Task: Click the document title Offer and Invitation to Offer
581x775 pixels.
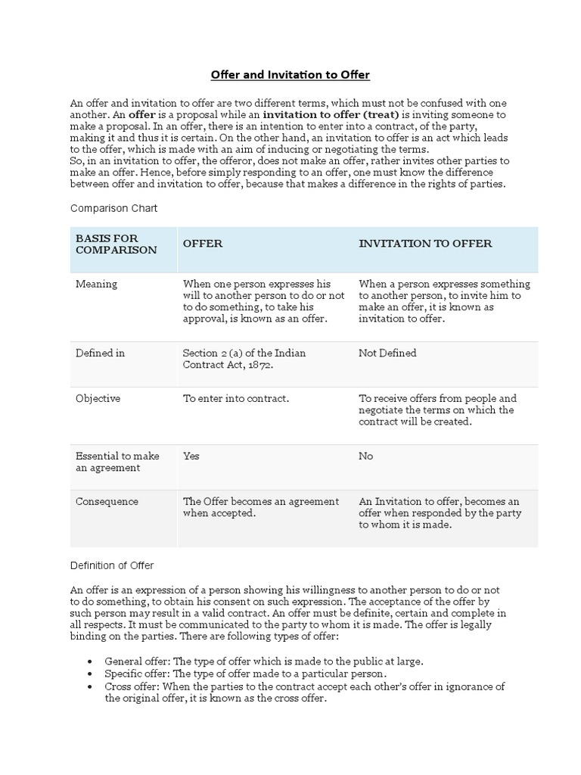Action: click(290, 75)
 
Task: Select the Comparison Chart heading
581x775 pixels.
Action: click(114, 207)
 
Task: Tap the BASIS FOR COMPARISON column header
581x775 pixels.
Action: click(117, 244)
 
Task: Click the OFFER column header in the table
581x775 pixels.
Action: click(203, 244)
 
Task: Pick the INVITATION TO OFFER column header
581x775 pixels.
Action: click(425, 244)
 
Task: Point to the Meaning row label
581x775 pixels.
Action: click(97, 284)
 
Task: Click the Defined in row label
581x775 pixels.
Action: click(100, 353)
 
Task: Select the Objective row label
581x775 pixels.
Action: click(98, 398)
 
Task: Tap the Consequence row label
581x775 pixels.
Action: click(107, 501)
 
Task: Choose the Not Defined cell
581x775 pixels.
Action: click(387, 353)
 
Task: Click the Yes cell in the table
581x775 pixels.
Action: click(191, 456)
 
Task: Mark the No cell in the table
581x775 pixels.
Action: click(366, 456)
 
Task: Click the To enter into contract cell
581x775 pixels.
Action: click(236, 398)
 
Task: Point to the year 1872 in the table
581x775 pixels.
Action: click(259, 365)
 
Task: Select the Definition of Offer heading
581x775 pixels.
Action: click(112, 565)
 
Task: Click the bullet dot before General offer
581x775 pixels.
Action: click(90, 661)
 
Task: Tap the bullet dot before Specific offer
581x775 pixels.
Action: click(90, 674)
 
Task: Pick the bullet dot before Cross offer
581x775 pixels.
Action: click(90, 686)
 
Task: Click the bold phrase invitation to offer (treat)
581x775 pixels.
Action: click(331, 114)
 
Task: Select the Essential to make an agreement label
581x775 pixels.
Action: click(117, 462)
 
